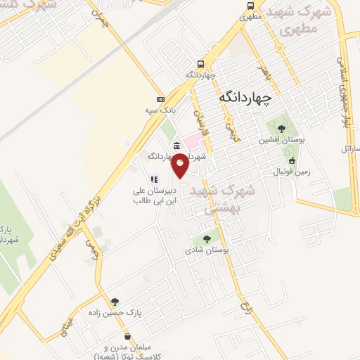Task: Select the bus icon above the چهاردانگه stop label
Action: point(201,63)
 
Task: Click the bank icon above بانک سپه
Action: point(160,98)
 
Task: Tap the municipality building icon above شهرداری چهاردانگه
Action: point(175,146)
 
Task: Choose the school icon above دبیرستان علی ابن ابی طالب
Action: point(154,179)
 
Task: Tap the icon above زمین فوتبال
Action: point(292,160)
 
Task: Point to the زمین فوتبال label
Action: point(290,171)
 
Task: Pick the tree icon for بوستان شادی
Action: point(205,238)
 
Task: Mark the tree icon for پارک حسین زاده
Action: point(115,302)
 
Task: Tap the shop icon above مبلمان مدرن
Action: point(127,337)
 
